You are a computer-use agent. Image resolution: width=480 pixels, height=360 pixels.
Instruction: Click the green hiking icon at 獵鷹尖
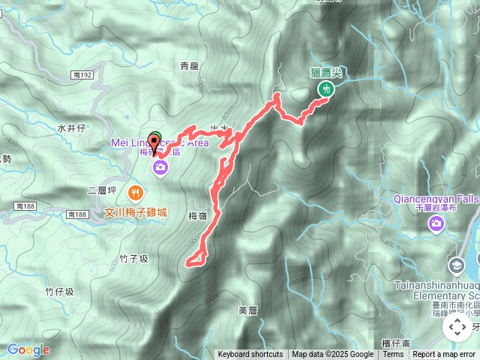(325, 88)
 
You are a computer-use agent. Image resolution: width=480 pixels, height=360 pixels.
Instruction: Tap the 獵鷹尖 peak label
(325, 72)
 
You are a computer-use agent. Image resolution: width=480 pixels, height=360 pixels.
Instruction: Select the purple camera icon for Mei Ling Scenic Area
(160, 169)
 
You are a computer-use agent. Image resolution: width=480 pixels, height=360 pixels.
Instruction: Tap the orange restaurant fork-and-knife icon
(136, 191)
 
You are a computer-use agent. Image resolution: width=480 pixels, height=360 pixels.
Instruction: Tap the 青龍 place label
(190, 66)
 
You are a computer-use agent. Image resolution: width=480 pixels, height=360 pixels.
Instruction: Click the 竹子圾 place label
(134, 259)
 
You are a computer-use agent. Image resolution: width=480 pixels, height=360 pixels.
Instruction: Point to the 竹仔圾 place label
(59, 291)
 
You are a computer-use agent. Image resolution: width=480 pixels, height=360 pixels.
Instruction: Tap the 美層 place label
(248, 310)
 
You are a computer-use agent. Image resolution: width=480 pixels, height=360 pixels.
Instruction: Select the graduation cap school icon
(457, 265)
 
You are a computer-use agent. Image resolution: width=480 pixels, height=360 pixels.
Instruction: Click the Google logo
(28, 349)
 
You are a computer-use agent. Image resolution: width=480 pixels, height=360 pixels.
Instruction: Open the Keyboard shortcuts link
(250, 355)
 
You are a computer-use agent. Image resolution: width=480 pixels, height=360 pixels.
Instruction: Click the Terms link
(393, 355)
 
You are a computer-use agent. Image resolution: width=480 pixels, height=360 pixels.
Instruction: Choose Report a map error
(444, 355)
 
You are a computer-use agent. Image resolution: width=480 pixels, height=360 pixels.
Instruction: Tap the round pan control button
(457, 326)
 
